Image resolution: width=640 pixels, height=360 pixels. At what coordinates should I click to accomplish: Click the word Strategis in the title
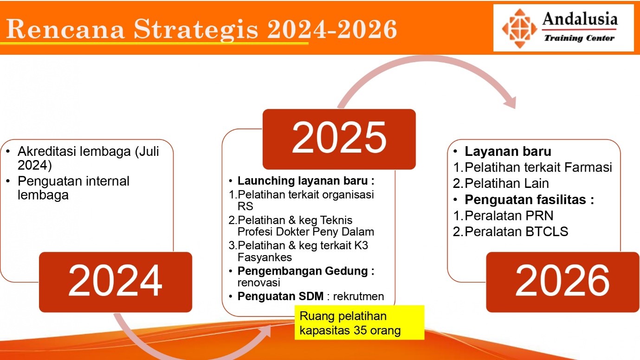[196, 30]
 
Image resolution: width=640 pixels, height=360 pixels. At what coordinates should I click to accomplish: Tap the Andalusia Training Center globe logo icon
[519, 28]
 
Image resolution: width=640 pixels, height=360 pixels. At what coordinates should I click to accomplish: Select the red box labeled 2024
[116, 282]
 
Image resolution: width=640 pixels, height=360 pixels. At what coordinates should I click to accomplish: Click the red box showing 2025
[339, 139]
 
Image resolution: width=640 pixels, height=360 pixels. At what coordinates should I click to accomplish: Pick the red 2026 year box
[562, 282]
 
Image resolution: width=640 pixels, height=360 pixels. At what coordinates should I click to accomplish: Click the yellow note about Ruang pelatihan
[359, 322]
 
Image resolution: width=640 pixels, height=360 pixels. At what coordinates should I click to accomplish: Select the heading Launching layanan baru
[306, 181]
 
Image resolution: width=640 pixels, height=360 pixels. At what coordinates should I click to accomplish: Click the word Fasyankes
[265, 257]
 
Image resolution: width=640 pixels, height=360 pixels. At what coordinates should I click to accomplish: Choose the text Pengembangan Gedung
[303, 271]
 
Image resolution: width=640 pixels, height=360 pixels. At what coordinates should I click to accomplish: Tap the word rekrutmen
[359, 296]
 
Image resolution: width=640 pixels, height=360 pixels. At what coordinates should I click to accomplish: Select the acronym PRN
[539, 216]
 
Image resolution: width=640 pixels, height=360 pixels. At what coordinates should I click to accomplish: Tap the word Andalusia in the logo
[580, 19]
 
